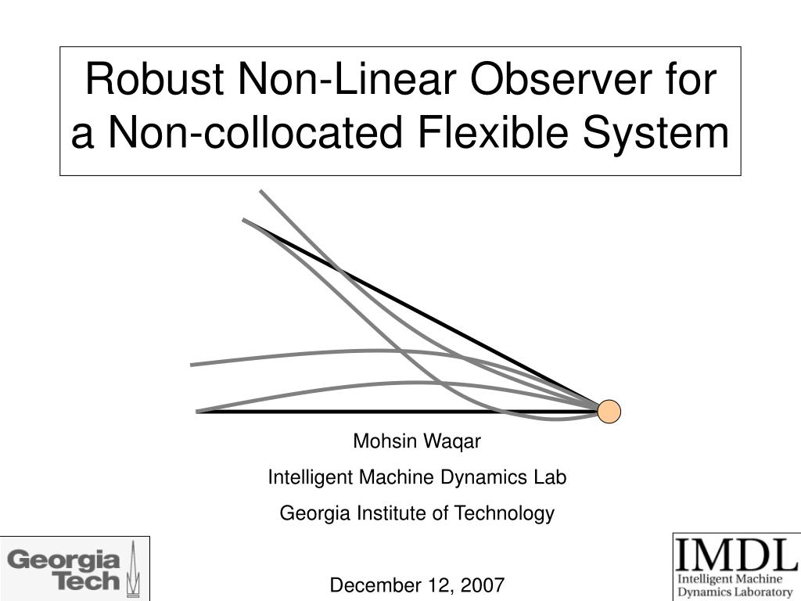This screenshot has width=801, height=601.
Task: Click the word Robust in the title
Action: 154,79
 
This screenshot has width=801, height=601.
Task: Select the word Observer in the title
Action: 561,79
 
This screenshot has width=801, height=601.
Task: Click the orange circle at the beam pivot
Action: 609,412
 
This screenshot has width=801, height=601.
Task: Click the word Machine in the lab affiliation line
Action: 396,477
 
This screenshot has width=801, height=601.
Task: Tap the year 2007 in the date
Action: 483,585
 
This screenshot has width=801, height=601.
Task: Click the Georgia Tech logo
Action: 74,569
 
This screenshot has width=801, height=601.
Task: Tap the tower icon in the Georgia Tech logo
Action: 133,569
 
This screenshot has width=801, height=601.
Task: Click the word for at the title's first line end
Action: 691,79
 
